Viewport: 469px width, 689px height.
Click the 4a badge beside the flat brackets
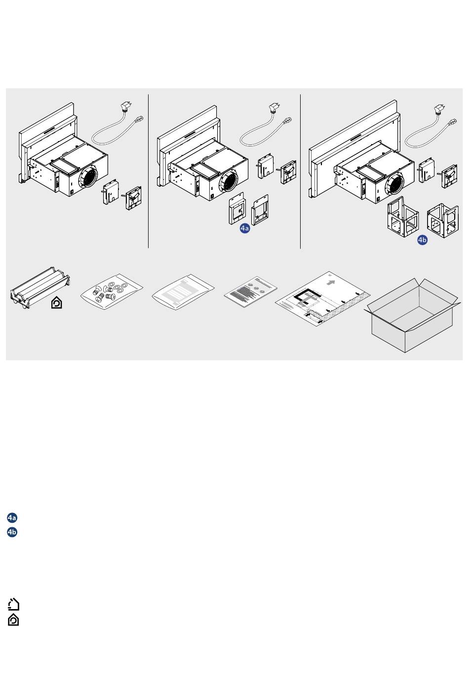click(x=245, y=228)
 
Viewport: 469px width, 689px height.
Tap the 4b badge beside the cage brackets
click(x=422, y=240)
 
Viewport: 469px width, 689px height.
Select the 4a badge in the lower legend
click(x=12, y=518)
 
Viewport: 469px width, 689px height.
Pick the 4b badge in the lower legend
click(x=12, y=532)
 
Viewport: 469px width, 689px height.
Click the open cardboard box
click(x=413, y=315)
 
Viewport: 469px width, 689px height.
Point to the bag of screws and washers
click(x=112, y=291)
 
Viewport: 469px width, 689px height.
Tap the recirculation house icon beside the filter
click(x=57, y=303)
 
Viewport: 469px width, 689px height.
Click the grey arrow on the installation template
click(x=331, y=283)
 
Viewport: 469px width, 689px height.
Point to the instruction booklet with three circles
click(x=250, y=291)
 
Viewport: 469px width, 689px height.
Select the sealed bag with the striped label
click(x=183, y=291)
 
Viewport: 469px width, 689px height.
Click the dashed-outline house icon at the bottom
click(x=13, y=604)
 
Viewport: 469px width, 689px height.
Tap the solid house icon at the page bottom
click(x=13, y=619)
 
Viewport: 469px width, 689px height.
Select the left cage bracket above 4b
click(x=403, y=217)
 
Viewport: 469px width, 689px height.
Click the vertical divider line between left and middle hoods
click(x=149, y=171)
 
